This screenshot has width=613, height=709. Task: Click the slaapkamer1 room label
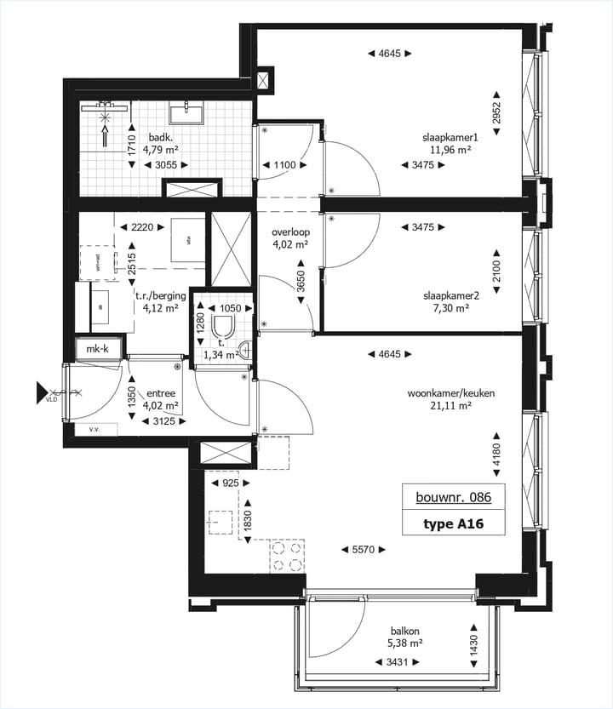451,137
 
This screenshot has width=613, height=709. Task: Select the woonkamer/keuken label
451,393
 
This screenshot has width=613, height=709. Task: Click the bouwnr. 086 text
454,497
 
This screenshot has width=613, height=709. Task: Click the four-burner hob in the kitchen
287,557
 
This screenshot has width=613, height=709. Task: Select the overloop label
289,232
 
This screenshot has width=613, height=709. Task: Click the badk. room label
162,137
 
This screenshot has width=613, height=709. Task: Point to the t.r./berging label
157,297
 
